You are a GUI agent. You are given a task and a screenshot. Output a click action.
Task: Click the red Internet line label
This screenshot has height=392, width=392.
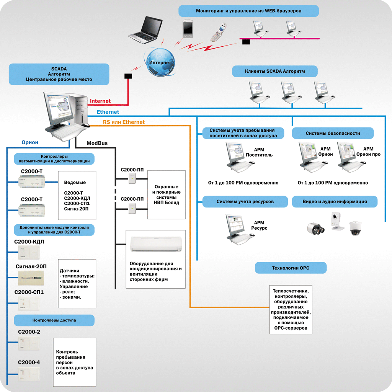click(100, 101)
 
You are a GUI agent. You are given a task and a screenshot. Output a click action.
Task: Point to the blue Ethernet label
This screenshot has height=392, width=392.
click(108, 112)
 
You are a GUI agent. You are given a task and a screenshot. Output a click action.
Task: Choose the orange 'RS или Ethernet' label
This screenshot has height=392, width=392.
click(124, 122)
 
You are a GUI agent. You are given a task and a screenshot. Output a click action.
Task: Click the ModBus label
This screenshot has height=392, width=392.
click(97, 143)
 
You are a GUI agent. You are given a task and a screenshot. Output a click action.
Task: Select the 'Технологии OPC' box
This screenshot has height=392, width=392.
click(291, 268)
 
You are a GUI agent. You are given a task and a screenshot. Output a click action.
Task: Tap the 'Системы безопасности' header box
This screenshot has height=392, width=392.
click(333, 133)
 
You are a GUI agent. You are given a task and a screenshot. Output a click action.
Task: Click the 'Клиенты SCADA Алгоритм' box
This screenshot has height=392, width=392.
click(275, 71)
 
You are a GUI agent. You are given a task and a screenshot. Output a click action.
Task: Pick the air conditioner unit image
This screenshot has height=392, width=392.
click(155, 244)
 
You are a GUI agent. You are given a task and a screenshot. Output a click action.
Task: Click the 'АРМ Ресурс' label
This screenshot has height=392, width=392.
click(259, 225)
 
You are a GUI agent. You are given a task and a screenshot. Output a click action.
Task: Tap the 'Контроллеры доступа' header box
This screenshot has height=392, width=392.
click(54, 320)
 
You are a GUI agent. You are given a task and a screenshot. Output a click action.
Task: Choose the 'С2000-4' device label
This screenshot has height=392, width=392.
click(29, 362)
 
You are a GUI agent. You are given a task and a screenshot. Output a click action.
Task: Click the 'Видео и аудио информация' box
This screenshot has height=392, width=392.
click(335, 201)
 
